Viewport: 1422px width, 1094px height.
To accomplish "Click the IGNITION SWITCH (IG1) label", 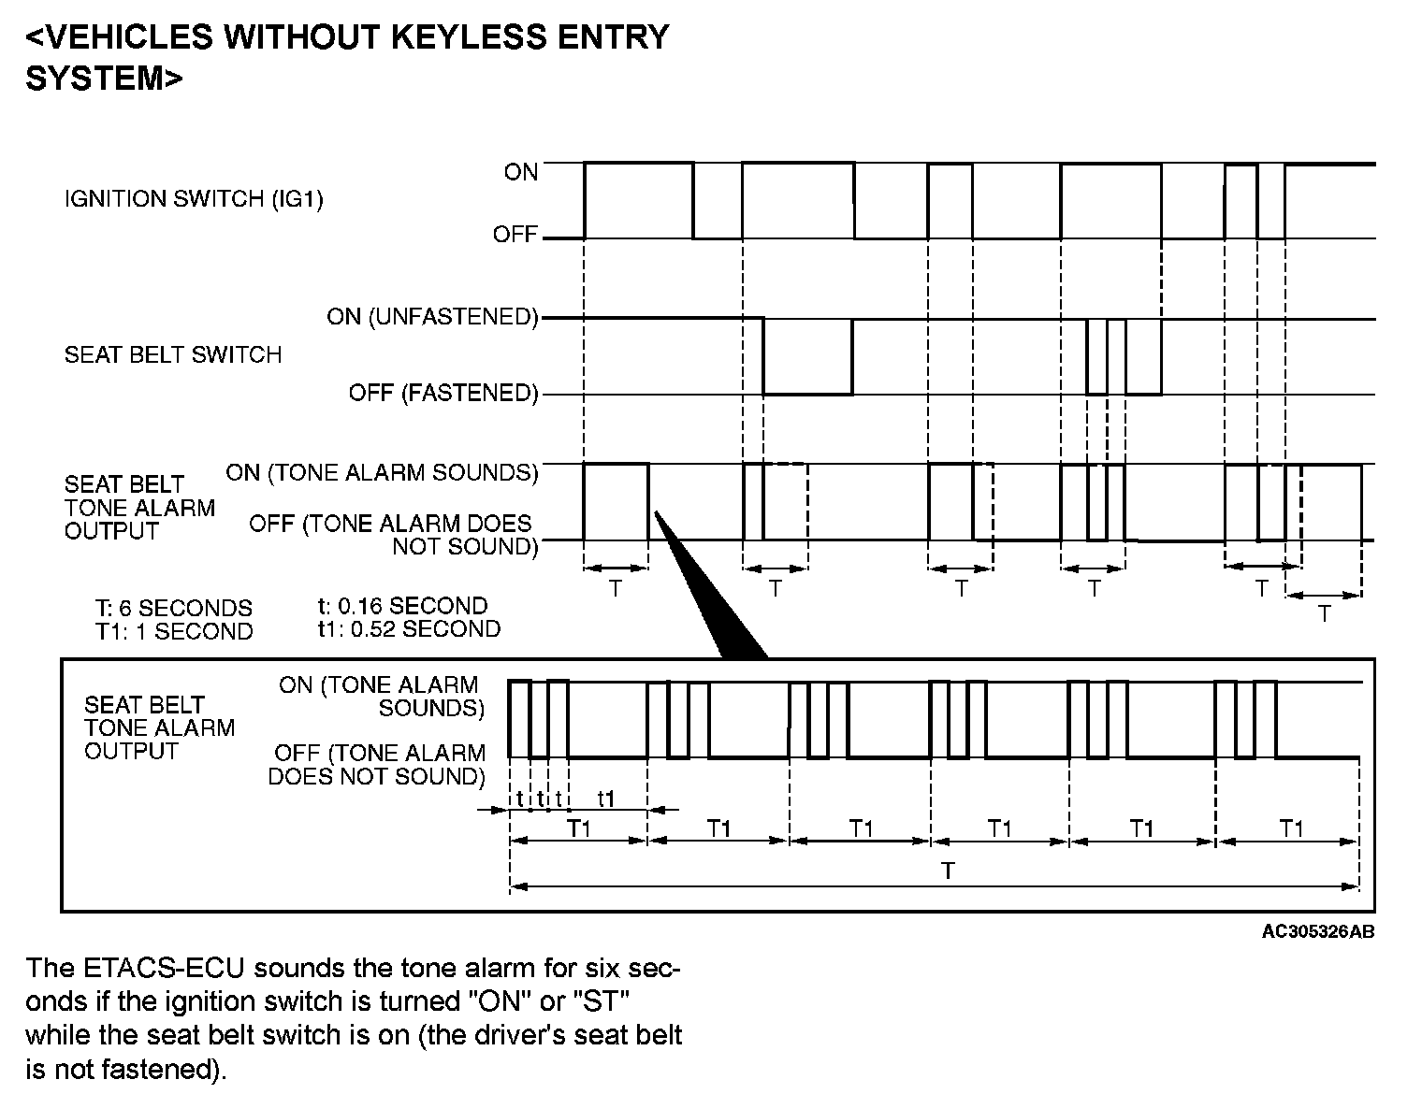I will (x=194, y=199).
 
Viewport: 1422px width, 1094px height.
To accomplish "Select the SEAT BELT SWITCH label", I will (x=173, y=355).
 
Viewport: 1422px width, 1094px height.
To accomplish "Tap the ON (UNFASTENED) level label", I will (x=432, y=317).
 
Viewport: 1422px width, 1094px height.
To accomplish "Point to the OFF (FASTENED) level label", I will (x=443, y=394).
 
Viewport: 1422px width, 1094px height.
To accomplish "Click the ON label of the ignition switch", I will (x=521, y=172).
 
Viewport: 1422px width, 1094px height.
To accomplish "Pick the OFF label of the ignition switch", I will (x=515, y=234).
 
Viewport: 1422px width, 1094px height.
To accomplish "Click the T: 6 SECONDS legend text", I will (x=174, y=609).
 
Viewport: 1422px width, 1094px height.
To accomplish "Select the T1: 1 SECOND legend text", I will (x=174, y=632).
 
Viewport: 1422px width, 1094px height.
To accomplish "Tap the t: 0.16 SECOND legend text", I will (x=403, y=606).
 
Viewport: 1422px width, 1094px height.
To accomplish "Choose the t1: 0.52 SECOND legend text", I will (x=409, y=629).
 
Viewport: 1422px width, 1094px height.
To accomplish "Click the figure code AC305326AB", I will (x=1317, y=931).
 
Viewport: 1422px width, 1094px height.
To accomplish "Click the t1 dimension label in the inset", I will (x=606, y=799).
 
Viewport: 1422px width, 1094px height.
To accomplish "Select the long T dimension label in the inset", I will (x=948, y=871).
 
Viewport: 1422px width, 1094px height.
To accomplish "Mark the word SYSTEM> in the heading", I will (x=104, y=79).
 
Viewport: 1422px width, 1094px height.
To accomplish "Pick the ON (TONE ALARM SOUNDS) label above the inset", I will (x=382, y=473).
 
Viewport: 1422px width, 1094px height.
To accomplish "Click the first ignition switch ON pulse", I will (x=639, y=199).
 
